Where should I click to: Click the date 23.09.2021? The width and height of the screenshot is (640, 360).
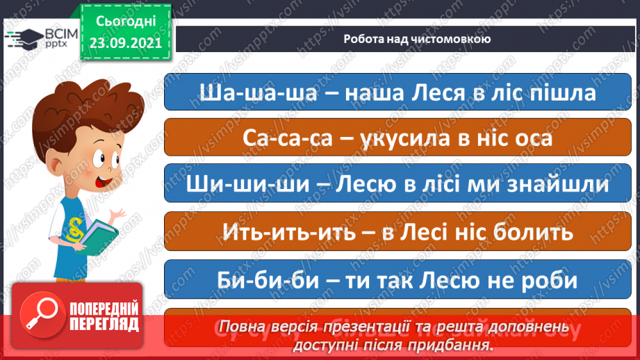coord(126,42)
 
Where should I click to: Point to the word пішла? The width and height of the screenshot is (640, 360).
coord(564,92)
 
